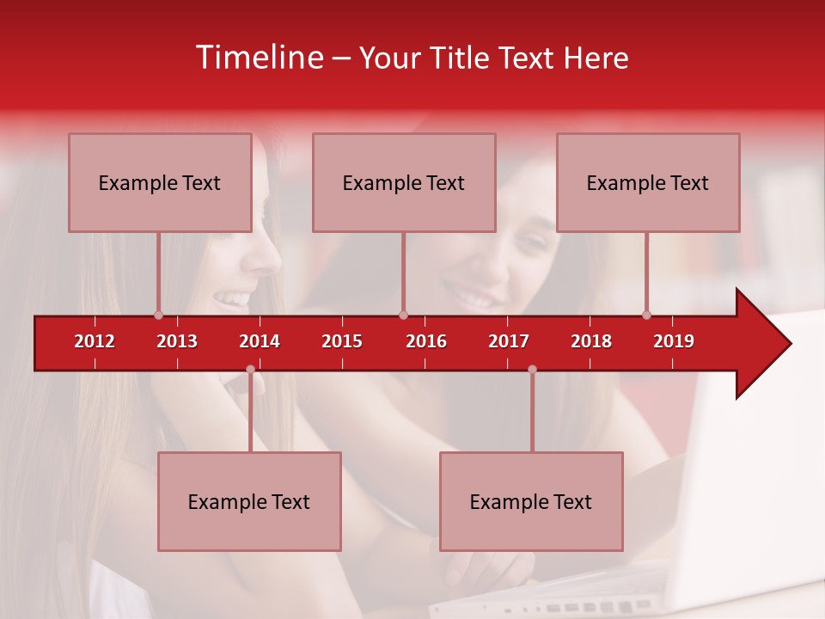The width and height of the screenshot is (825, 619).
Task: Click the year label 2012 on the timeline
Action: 95,341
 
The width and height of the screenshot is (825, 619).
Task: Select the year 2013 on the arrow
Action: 177,341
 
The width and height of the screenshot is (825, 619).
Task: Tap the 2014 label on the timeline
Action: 260,341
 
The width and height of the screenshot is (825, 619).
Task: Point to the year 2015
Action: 342,341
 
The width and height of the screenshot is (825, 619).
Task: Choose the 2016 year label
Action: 426,341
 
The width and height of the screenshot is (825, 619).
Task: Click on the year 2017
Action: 509,341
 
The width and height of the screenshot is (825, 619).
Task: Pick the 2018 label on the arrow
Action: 591,341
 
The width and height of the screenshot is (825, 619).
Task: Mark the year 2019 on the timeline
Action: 674,341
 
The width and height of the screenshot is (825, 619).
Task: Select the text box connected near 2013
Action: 160,182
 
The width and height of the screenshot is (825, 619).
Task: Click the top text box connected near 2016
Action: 404,182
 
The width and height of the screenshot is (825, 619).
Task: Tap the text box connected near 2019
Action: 648,182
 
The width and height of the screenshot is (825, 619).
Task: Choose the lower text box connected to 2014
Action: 249,501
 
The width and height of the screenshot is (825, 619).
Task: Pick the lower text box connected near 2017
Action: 531,501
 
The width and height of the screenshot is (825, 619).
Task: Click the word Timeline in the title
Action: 260,58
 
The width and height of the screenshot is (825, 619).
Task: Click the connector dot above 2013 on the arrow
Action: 158,315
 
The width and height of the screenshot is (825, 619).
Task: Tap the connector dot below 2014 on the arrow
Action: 250,370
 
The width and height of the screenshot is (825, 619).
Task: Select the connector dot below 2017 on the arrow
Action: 532,370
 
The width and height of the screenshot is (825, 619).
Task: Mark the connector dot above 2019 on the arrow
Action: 646,315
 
